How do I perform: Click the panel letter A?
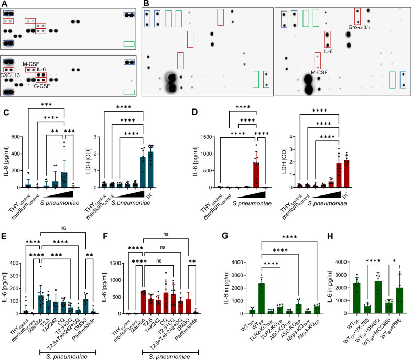[x=4, y=4]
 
